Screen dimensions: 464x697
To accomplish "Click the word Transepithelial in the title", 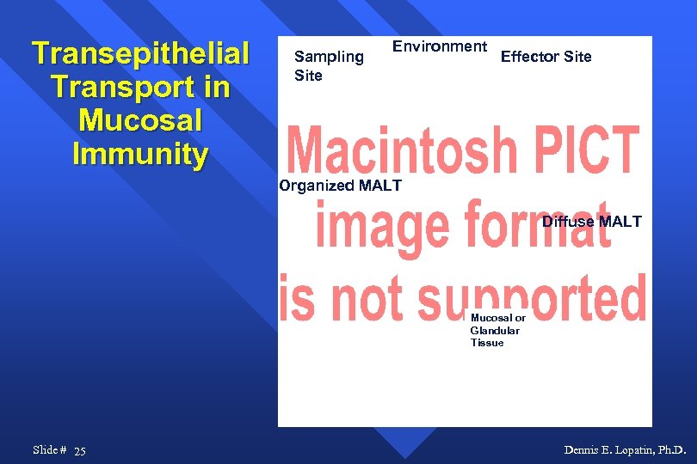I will coord(140,54).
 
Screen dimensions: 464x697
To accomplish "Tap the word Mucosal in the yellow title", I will coord(140,121).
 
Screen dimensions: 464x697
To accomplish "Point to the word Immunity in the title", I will coord(140,155).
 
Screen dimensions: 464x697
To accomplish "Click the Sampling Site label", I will coord(328,66).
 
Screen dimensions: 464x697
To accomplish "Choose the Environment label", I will coord(440,46).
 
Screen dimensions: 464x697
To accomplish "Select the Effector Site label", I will coord(546,57).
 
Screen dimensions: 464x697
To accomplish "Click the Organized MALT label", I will coord(340,186).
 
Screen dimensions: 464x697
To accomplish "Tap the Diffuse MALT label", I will coord(591,222).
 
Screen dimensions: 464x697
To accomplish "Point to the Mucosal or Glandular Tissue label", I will coord(497,331).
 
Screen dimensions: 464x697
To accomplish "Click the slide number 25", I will coord(80,451).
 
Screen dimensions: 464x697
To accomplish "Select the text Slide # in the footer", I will coord(49,450).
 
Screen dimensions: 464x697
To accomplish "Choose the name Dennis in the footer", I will coord(581,450).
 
